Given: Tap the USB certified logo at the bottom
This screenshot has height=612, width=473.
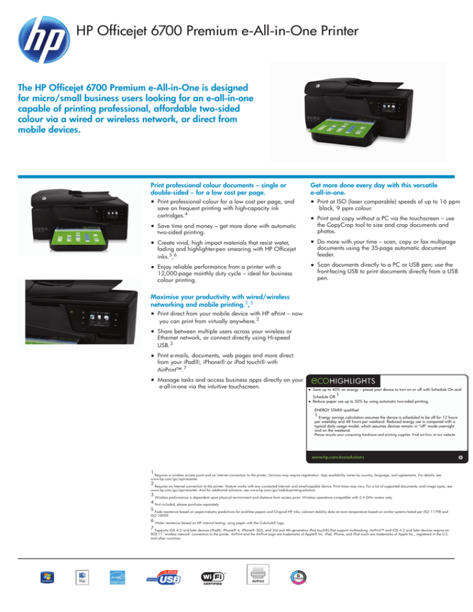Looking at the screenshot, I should click(x=166, y=578).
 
